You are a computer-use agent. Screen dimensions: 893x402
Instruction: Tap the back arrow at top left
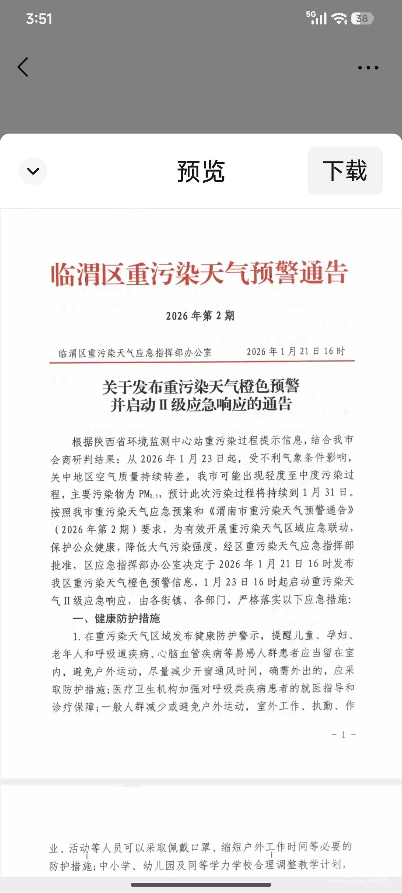click(23, 67)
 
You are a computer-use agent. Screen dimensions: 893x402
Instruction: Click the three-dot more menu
click(368, 68)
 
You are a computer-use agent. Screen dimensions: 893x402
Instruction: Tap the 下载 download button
click(345, 171)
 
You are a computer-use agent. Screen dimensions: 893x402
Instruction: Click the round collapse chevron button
click(33, 171)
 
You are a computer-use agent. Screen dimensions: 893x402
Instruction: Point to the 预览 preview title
click(201, 172)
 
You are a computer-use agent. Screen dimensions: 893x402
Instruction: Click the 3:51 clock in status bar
click(39, 19)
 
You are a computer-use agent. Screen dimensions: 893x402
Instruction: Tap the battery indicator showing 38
click(362, 19)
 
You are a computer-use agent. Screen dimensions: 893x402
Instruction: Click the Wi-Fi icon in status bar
click(339, 19)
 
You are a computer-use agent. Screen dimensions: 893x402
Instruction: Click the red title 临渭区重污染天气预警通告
click(200, 273)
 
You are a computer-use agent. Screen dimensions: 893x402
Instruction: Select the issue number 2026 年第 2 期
click(200, 316)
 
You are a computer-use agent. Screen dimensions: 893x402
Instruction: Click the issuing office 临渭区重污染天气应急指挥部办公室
click(135, 353)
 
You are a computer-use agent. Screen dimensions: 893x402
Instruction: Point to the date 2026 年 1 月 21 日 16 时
click(296, 351)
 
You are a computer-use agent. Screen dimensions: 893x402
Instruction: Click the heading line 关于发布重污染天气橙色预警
click(201, 387)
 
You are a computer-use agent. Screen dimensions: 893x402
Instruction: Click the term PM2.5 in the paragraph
click(150, 494)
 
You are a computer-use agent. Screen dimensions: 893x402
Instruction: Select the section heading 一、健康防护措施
click(116, 618)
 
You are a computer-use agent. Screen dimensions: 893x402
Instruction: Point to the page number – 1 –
click(343, 734)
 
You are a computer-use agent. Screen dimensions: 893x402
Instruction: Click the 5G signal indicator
click(316, 17)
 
